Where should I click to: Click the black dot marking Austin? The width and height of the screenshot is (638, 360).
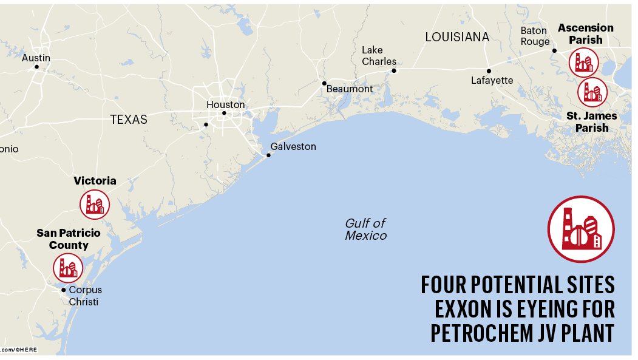(36, 67)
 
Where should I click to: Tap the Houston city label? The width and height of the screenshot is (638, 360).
(225, 104)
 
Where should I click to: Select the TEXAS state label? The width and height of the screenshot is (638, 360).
(129, 120)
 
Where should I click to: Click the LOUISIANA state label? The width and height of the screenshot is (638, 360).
(456, 37)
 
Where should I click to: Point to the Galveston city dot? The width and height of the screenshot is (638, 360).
(268, 155)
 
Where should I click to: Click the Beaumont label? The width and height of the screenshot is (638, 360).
(350, 89)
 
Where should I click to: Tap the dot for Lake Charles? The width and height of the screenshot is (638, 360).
(393, 70)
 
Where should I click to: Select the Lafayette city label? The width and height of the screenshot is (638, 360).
(492, 80)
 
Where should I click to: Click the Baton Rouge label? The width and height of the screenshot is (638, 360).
(535, 36)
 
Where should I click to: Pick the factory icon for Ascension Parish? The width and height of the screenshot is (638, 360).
(583, 62)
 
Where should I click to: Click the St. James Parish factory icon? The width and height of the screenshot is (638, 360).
(592, 92)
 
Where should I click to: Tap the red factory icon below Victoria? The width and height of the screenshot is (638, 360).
(95, 205)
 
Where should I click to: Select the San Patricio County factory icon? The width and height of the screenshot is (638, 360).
(67, 268)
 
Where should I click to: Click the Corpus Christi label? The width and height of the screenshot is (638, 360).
(85, 296)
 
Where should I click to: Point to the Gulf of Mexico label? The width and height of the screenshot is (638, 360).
(365, 229)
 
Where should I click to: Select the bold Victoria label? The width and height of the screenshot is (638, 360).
(95, 181)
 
